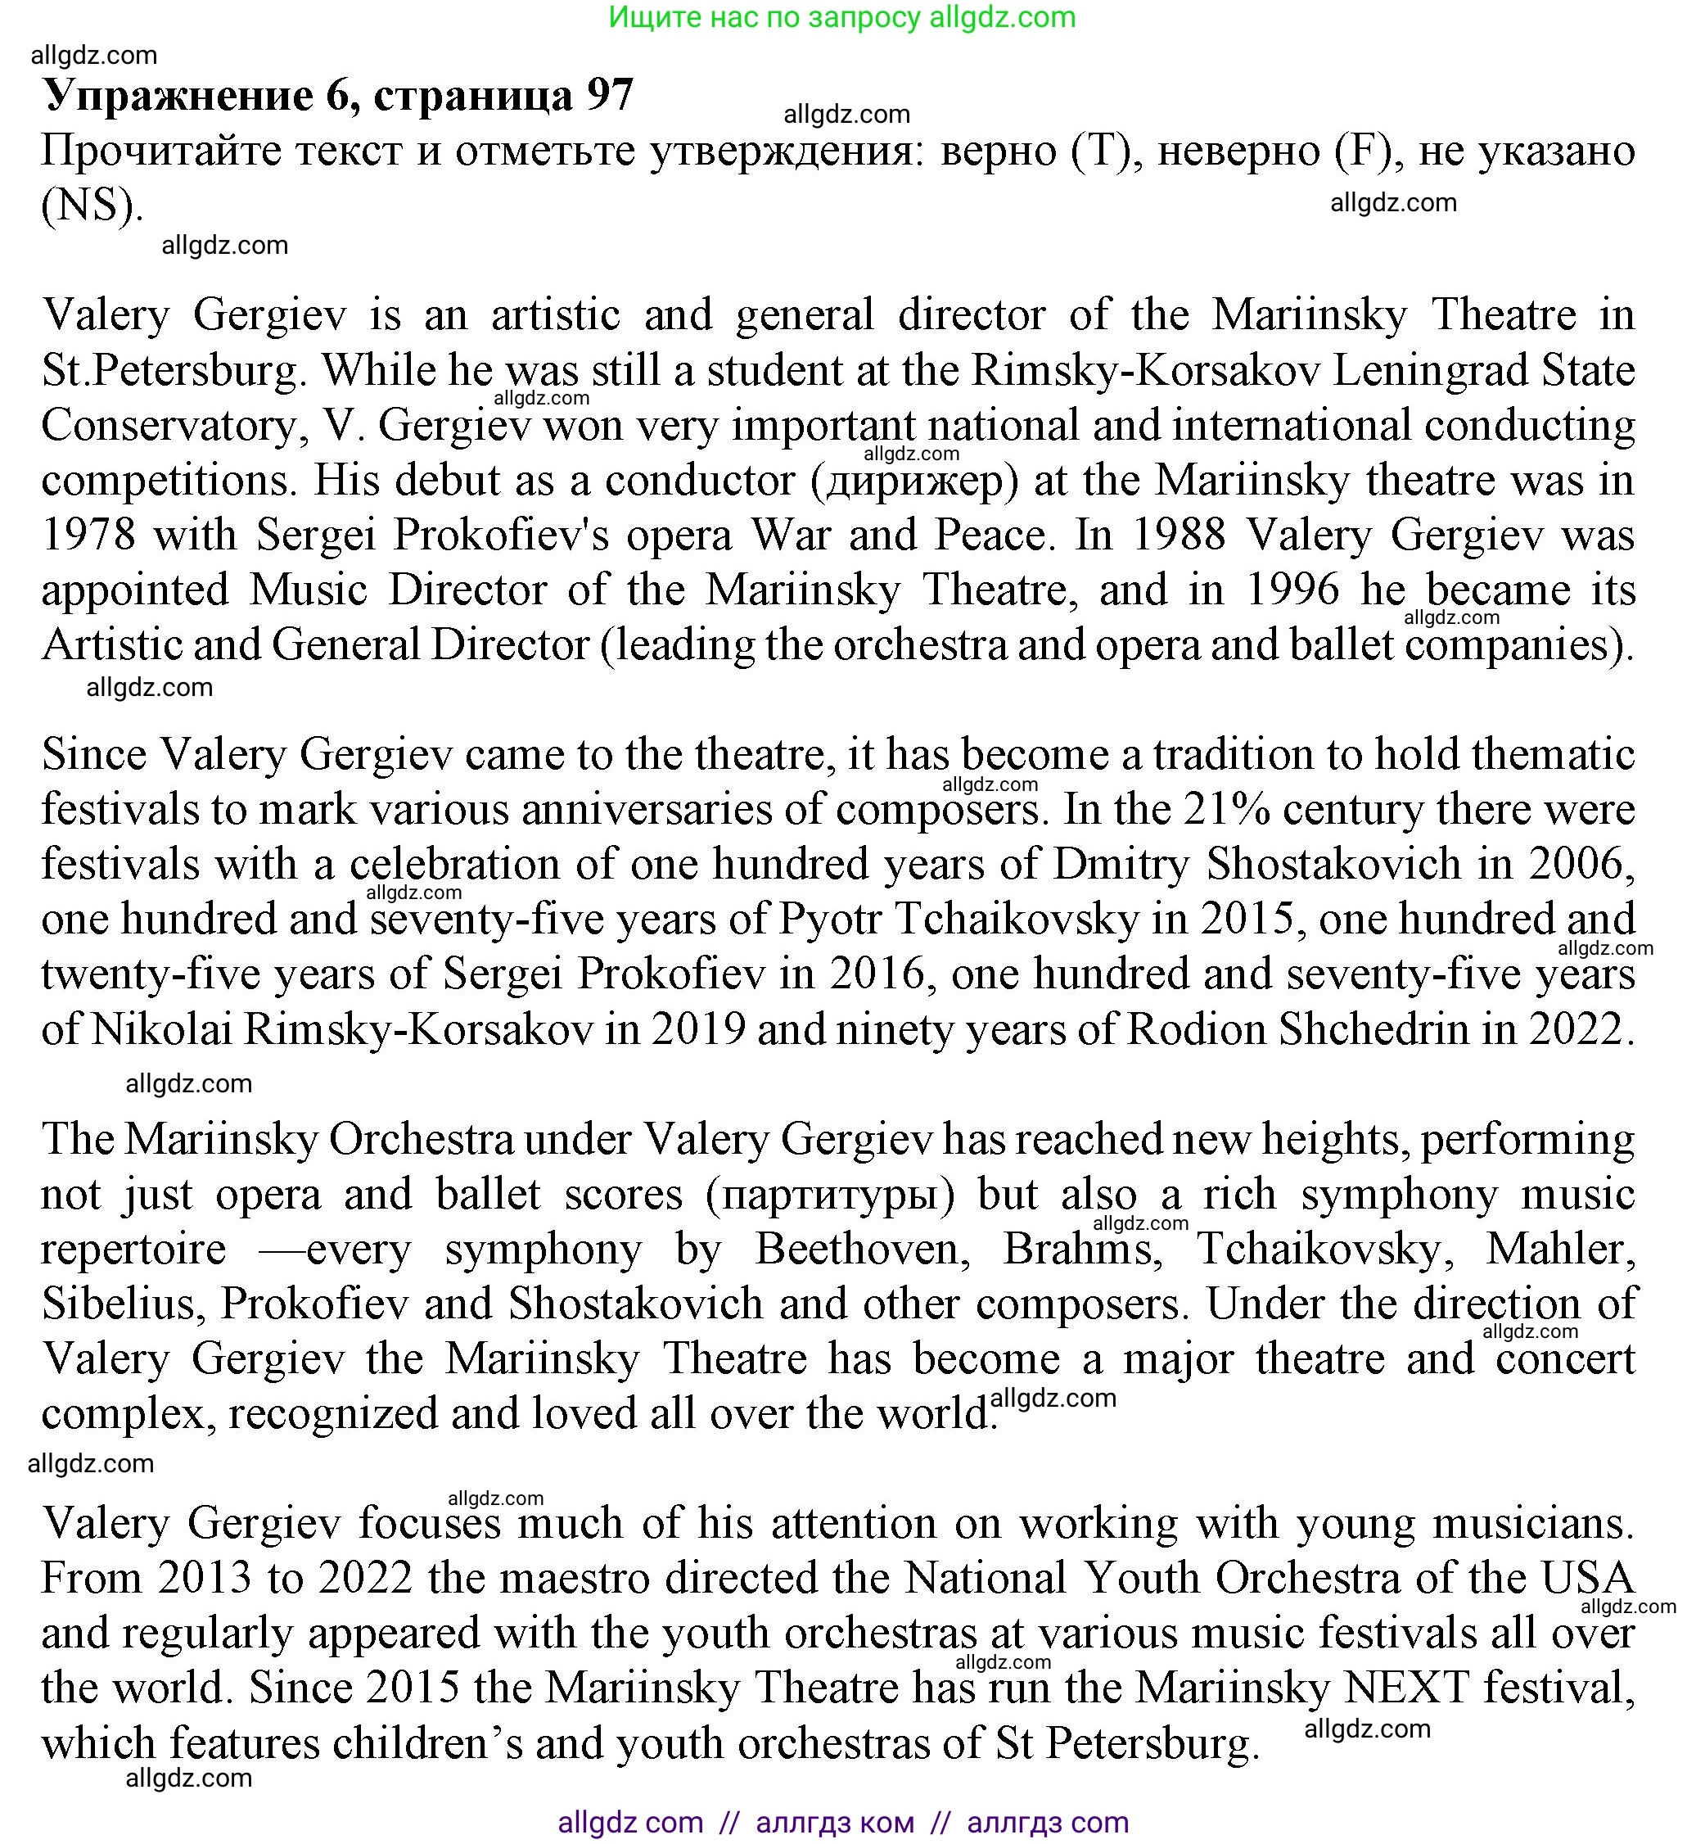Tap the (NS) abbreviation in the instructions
[x=92, y=206]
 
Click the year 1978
[x=88, y=535]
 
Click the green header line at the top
[x=842, y=17]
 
